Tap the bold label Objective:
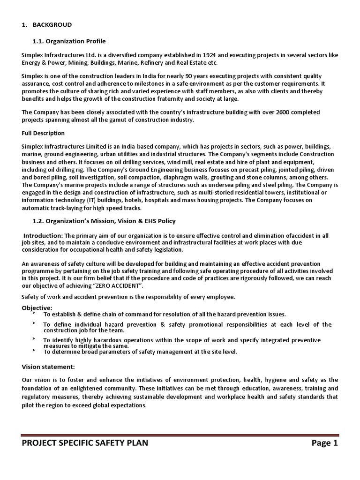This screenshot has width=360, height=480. pyautogui.click(x=37, y=307)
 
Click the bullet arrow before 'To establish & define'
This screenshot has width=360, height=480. pyautogui.click(x=34, y=312)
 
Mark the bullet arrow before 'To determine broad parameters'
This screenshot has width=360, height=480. pyautogui.click(x=34, y=350)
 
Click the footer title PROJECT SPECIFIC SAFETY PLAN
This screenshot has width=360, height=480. pyautogui.click(x=85, y=443)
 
